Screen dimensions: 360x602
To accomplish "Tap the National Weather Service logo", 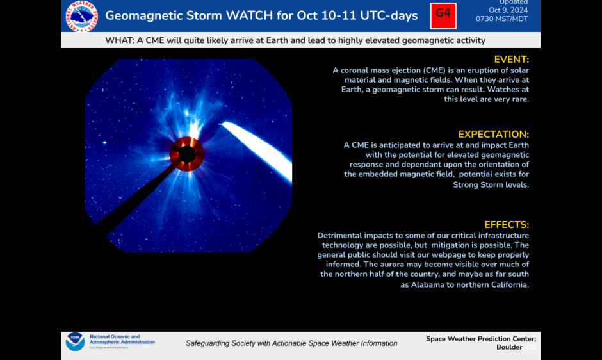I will coord(82,16).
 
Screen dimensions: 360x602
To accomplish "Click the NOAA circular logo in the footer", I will coord(75,342).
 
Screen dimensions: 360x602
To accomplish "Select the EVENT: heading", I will coord(511,60).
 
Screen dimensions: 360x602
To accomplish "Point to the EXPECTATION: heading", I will coord(493,135).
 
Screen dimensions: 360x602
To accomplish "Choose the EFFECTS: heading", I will coord(506,225).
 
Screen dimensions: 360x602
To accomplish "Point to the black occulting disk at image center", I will coord(187,154).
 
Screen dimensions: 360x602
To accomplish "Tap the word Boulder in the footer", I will coord(509,347).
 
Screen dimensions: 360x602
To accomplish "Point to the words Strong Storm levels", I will coord(491,184).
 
